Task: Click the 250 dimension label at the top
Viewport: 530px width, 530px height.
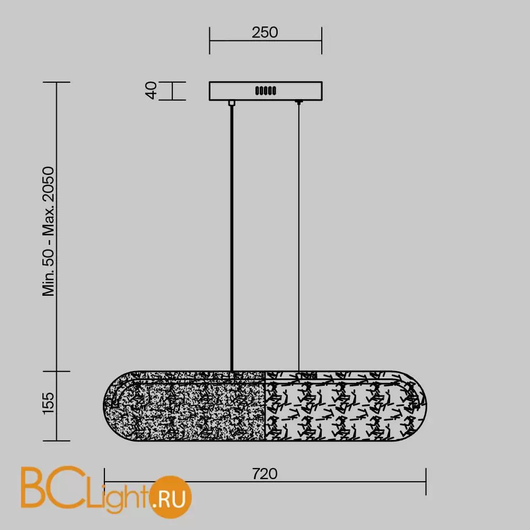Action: pos(264,32)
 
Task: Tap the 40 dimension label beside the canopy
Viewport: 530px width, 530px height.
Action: pos(151,90)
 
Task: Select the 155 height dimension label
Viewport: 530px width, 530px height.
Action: pos(48,403)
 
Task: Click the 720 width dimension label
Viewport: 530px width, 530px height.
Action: pos(264,474)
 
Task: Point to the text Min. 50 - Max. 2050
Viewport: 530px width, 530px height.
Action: pos(48,232)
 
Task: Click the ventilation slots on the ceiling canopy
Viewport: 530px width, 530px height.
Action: pos(266,91)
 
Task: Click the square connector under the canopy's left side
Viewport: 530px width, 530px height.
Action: pos(232,103)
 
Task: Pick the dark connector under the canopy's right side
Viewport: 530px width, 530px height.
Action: pos(298,102)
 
